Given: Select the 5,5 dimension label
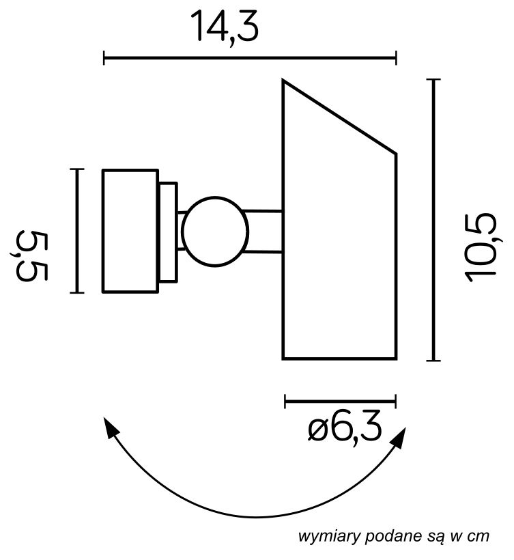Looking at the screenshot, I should (x=31, y=255).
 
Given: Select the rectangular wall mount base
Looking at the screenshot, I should (x=130, y=231).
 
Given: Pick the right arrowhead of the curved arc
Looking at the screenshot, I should (x=399, y=436).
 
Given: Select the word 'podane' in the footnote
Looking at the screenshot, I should (x=386, y=537).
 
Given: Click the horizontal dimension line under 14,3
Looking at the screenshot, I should (x=250, y=58).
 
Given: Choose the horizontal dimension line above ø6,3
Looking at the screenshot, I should (x=340, y=400).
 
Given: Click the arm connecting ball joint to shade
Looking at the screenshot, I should (x=265, y=231).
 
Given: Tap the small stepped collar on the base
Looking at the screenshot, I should (x=168, y=231).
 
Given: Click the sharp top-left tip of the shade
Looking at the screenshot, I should (x=285, y=82).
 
